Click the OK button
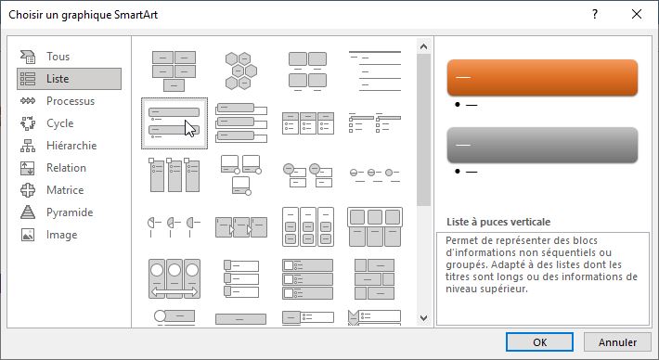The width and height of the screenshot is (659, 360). coord(539,342)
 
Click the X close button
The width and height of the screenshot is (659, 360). coord(637,14)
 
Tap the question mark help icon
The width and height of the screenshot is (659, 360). coord(595,14)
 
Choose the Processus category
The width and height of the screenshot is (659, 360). coord(70,101)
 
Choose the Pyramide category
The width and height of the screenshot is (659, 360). coord(70,212)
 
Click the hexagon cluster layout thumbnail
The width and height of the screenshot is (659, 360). coord(240,71)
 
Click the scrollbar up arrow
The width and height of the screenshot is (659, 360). coord(423,46)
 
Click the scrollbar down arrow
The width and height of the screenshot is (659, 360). coord(423,318)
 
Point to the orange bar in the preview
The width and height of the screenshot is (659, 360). coord(542,77)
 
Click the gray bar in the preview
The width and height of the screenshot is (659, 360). coord(542,145)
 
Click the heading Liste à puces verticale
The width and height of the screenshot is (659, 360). coord(498,222)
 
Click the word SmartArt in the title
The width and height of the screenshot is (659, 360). coord(138,15)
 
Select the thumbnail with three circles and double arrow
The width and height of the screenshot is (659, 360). coord(174,278)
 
